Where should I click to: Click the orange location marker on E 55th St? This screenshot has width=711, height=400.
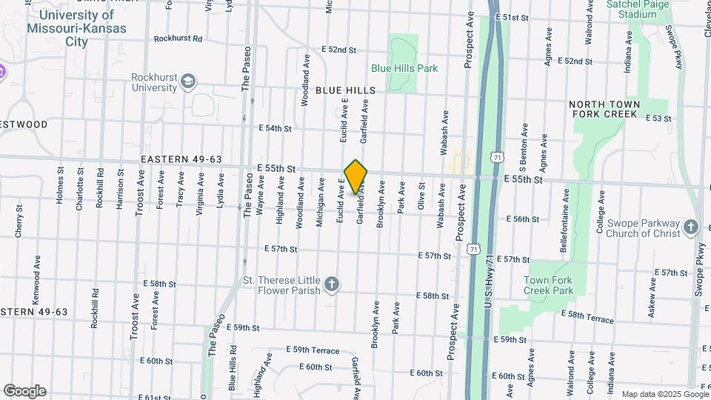tap(356, 176)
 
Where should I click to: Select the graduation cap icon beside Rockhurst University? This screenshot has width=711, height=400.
tap(189, 80)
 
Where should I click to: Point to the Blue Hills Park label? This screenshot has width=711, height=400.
tap(404, 68)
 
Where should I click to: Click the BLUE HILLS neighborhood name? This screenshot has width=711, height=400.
tap(345, 90)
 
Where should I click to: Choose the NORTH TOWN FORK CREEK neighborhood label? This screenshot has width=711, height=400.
tap(604, 110)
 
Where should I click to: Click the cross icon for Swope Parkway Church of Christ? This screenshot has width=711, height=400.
tap(691, 227)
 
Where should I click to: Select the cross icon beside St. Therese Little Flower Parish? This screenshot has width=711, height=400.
tap(333, 284)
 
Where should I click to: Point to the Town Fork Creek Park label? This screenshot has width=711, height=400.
tap(548, 285)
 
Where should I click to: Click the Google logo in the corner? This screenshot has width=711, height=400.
tap(24, 390)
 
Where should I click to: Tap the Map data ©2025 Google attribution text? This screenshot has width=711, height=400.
tap(664, 394)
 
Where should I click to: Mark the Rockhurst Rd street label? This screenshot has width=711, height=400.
tap(178, 39)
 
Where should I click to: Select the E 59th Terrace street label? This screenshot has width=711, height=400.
tap(311, 350)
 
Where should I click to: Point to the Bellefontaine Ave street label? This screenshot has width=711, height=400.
tap(564, 221)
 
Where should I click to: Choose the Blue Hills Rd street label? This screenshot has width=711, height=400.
tap(232, 367)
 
